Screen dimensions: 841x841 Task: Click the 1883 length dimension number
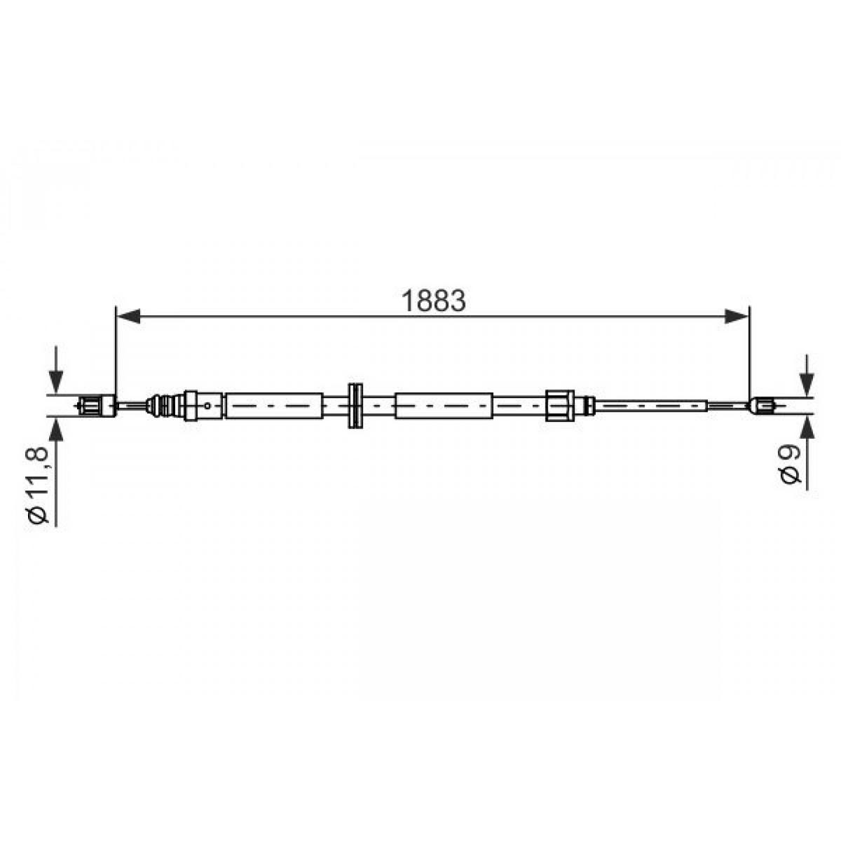(433, 301)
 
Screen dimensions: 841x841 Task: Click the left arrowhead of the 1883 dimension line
(128, 316)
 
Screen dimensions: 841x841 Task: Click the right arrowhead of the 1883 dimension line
(737, 316)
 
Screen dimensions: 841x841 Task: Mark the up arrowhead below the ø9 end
(807, 426)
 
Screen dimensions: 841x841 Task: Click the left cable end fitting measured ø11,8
(97, 406)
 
